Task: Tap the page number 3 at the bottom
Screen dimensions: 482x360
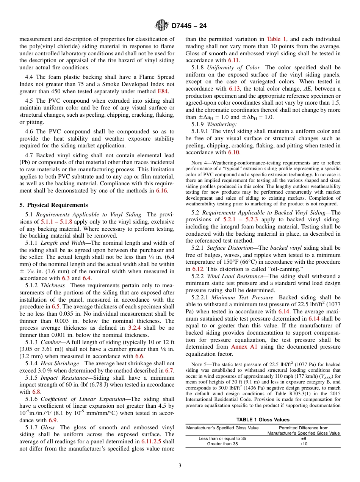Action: coord(180,465)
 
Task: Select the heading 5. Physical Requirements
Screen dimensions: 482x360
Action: coord(53,205)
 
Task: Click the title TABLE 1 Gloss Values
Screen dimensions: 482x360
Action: coord(263,419)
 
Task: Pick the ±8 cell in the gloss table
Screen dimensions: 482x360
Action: coord(304,438)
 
